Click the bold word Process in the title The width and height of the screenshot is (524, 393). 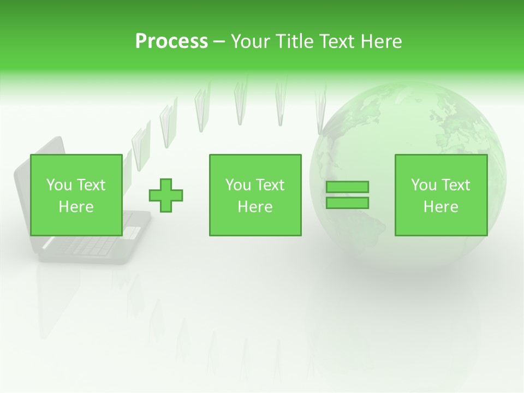coord(171,41)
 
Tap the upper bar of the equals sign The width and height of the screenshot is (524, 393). coord(347,187)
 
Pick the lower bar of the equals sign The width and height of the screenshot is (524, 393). coord(347,203)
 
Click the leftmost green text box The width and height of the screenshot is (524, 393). coord(76,195)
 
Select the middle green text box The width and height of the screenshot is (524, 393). coord(255,195)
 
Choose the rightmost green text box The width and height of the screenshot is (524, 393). coord(440,195)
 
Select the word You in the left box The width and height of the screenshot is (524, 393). coord(57,185)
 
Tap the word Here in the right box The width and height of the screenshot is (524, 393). coord(440,206)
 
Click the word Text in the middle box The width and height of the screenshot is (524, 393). coord(270,185)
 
